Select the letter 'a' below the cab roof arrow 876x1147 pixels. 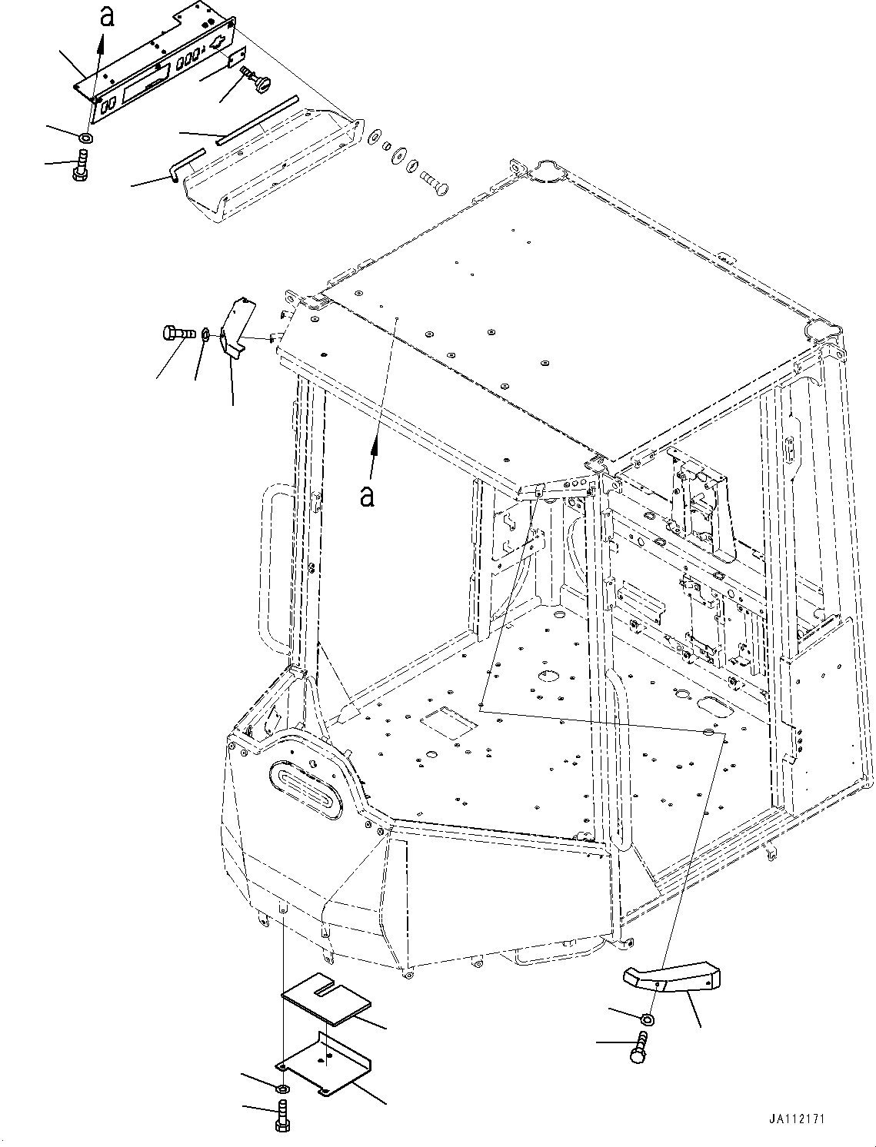click(x=368, y=496)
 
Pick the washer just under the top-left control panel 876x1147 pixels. click(x=87, y=138)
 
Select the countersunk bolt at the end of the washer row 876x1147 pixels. click(x=435, y=182)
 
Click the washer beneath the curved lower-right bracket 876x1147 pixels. click(x=648, y=1019)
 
